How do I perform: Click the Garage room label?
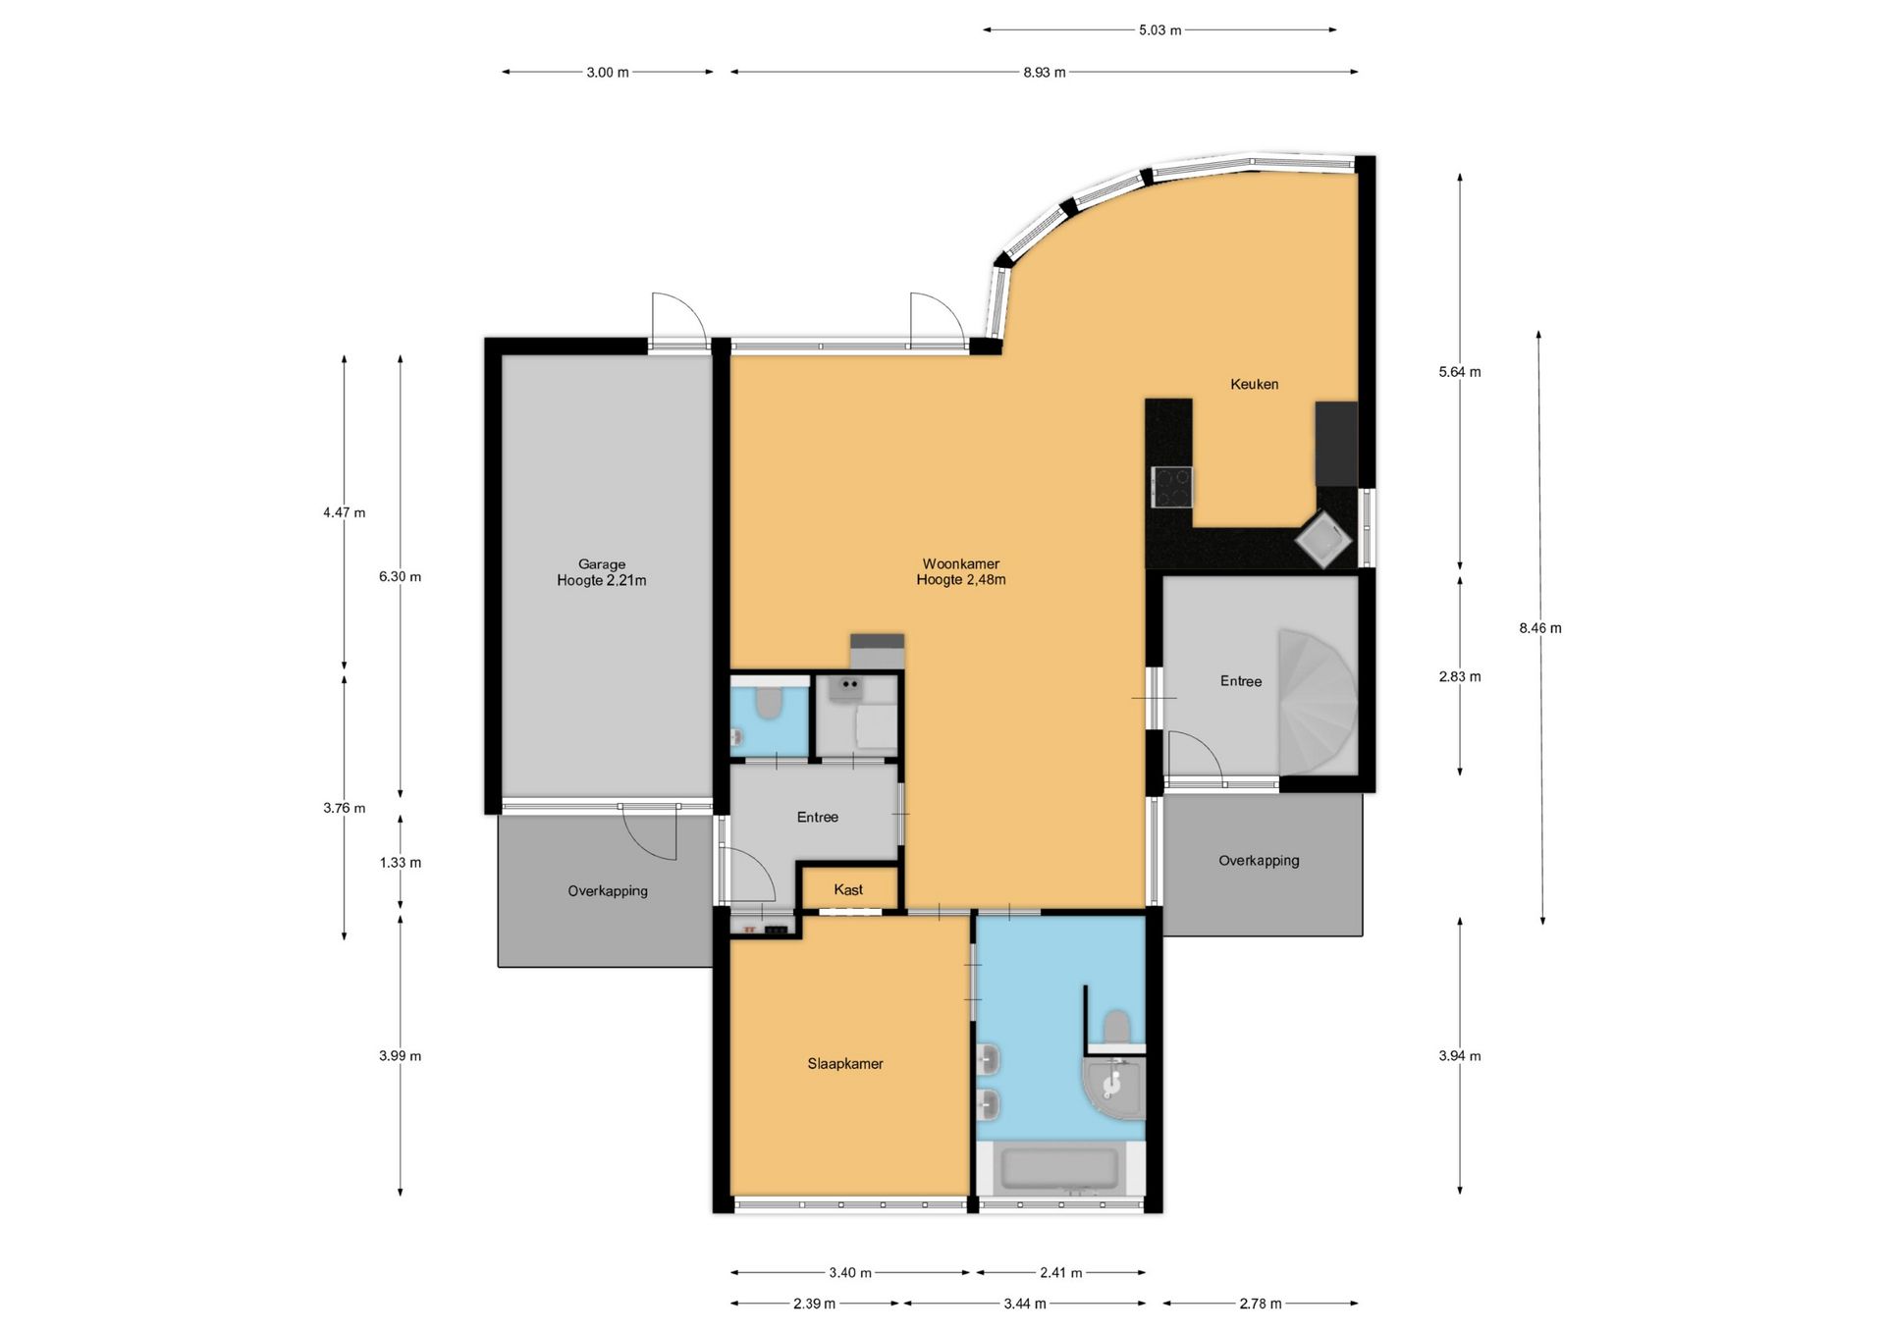click(601, 564)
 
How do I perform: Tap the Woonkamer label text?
click(960, 563)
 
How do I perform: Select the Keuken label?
click(1254, 384)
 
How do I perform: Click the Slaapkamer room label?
click(845, 1063)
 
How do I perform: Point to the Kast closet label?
click(848, 889)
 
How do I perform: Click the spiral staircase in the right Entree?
click(1318, 702)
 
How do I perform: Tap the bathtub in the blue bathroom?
click(1059, 1169)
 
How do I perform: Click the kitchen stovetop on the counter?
click(1172, 487)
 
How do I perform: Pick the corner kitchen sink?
click(1322, 540)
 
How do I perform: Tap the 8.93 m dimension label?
click(1044, 73)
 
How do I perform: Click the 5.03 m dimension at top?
click(1159, 30)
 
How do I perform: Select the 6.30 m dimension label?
click(400, 576)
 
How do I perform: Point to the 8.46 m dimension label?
click(1540, 628)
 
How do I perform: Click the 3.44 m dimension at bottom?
click(1024, 1304)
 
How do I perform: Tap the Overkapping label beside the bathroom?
click(1259, 861)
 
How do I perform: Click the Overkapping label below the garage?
click(608, 891)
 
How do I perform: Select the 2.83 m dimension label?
click(1460, 676)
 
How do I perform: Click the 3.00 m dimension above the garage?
click(608, 73)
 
